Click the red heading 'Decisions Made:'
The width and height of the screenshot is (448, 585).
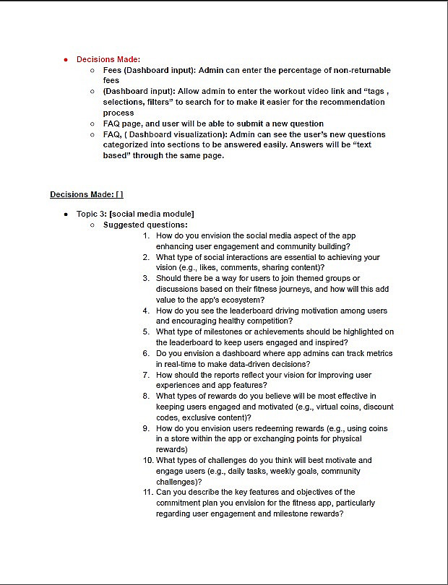[108, 59]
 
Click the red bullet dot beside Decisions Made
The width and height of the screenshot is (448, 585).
[66, 59]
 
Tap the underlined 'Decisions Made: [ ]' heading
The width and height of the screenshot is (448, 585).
[87, 194]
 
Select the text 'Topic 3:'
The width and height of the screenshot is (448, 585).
[92, 214]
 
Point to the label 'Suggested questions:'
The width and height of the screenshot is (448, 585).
[145, 225]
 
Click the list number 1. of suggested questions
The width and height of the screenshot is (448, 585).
[146, 235]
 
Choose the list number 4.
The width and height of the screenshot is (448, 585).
[146, 311]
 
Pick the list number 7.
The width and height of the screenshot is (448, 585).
[146, 375]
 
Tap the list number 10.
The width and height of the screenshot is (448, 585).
[147, 460]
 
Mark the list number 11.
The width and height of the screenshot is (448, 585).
[147, 492]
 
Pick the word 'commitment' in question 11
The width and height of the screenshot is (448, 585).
[183, 503]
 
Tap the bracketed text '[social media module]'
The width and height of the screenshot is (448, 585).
[152, 214]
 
